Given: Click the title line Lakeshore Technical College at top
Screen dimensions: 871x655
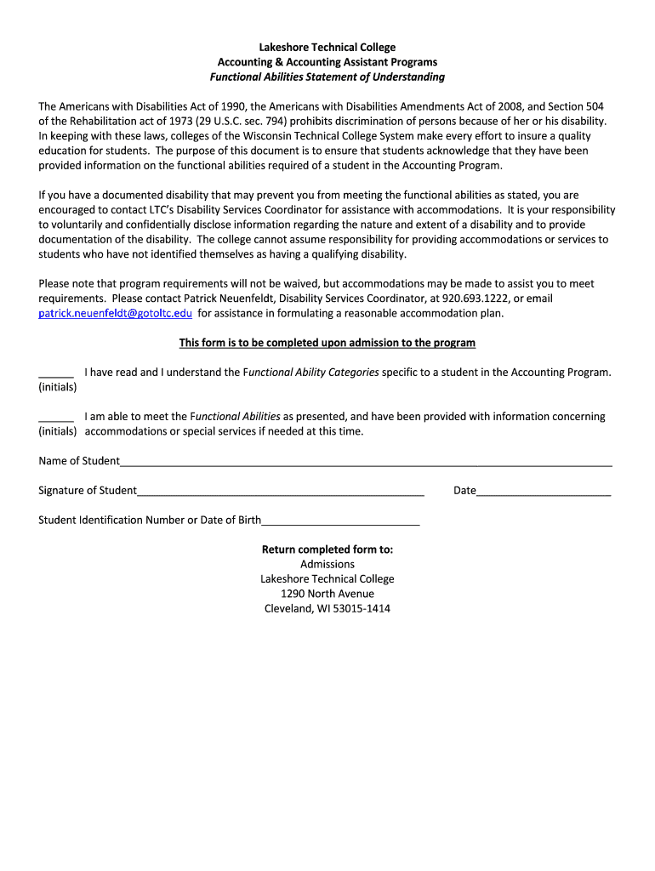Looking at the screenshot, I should (327, 48).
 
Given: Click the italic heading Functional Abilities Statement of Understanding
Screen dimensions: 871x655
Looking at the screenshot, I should (327, 77).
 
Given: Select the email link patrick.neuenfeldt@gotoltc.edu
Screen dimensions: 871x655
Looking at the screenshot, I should (116, 314).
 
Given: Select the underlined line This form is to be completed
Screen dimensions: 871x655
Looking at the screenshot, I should (327, 343).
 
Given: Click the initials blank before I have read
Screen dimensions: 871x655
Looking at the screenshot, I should (56, 373).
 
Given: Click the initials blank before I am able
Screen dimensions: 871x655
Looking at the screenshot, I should (56, 418).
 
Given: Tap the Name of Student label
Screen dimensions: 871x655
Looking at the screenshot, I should (79, 461).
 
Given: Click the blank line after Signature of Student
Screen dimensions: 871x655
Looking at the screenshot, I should (281, 492).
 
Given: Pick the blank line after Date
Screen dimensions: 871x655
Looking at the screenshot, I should (544, 492).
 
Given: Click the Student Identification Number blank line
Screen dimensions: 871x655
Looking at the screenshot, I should (340, 521).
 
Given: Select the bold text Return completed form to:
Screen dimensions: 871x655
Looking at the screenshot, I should (327, 549).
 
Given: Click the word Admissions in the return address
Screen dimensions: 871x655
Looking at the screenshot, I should (327, 565).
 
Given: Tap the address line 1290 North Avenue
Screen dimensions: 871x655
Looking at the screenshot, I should (327, 594).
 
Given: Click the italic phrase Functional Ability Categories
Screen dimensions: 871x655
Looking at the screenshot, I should (312, 373).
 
